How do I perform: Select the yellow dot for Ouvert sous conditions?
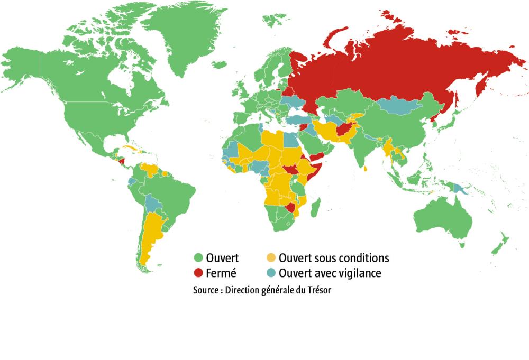(x=270, y=258)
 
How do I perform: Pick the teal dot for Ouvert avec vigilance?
(x=270, y=273)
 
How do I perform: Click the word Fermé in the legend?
(x=222, y=273)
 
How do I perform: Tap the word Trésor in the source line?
(x=319, y=291)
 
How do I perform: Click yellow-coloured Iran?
(x=328, y=130)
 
